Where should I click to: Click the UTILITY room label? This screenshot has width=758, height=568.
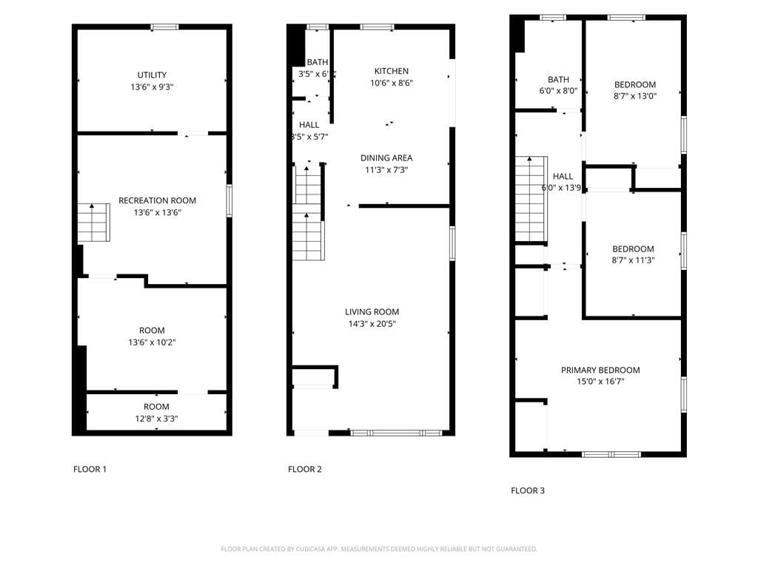(x=152, y=75)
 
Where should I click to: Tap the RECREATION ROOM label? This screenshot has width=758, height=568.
(x=157, y=200)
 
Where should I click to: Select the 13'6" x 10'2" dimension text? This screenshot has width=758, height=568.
(x=152, y=342)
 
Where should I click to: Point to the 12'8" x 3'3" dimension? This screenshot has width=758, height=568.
(x=156, y=419)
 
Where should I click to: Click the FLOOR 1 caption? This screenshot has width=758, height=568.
(x=90, y=469)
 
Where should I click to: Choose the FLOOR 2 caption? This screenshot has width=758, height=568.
(x=304, y=469)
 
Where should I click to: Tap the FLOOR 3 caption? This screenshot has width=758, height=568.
(x=528, y=490)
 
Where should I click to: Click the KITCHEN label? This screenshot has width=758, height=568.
(x=391, y=71)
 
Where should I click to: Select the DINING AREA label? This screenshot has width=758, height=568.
(x=386, y=158)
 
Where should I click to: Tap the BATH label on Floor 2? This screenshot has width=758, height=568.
(x=318, y=62)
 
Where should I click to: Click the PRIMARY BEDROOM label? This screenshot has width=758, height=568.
(x=600, y=371)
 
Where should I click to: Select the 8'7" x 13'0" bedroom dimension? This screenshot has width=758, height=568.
(x=635, y=95)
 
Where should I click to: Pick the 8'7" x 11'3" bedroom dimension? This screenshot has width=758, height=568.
(x=633, y=260)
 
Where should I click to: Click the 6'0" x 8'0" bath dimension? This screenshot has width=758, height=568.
(x=558, y=91)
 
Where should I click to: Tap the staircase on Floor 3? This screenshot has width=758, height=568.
(x=531, y=199)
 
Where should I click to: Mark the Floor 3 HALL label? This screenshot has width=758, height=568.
(x=563, y=176)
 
